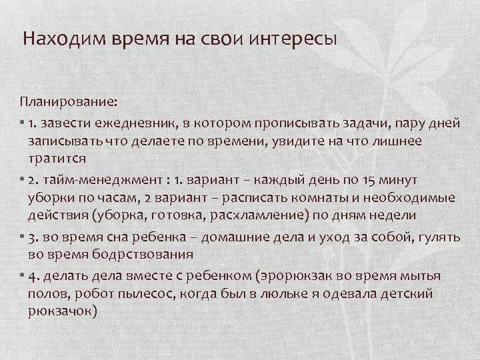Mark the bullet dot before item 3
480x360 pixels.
tap(22, 236)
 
